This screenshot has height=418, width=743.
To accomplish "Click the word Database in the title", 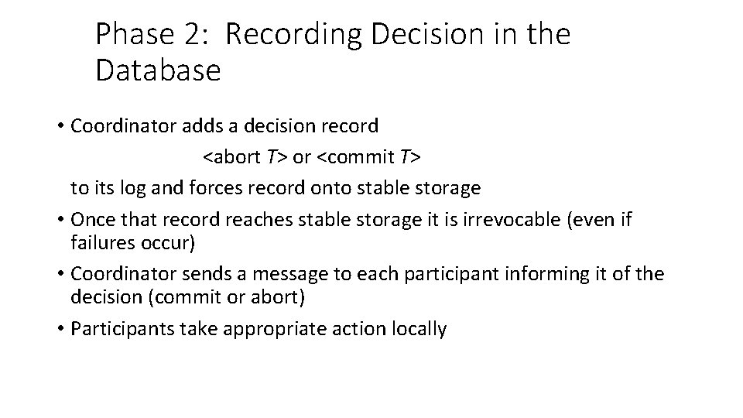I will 158,70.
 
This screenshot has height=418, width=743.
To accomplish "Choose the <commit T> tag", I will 370,157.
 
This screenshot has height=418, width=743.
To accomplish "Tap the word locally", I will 420,328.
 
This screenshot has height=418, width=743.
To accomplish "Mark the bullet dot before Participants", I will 61,329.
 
